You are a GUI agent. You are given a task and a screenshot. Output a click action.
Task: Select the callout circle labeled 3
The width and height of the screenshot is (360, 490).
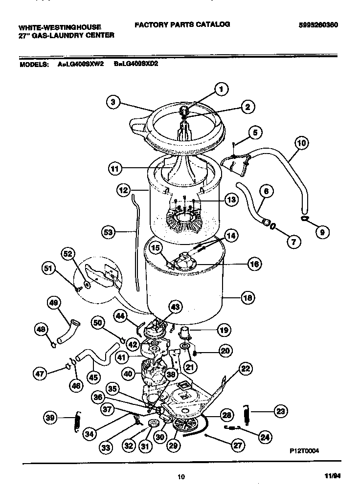[x=113, y=102]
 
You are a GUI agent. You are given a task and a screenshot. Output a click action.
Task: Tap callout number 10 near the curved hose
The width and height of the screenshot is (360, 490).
[x=302, y=143]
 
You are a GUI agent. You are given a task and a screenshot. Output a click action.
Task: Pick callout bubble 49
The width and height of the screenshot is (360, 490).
[x=54, y=303]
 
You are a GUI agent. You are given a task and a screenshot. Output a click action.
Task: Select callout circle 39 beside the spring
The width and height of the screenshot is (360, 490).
[x=49, y=418]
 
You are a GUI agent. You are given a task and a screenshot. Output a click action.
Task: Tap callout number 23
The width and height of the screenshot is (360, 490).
[x=280, y=411]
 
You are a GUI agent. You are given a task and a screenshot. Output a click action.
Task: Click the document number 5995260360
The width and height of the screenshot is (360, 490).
[x=318, y=25]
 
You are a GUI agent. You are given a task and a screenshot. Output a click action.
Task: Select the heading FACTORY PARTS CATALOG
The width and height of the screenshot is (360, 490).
[x=182, y=24]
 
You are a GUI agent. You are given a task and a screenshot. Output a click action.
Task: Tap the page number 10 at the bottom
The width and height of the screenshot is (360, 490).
[x=181, y=478]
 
